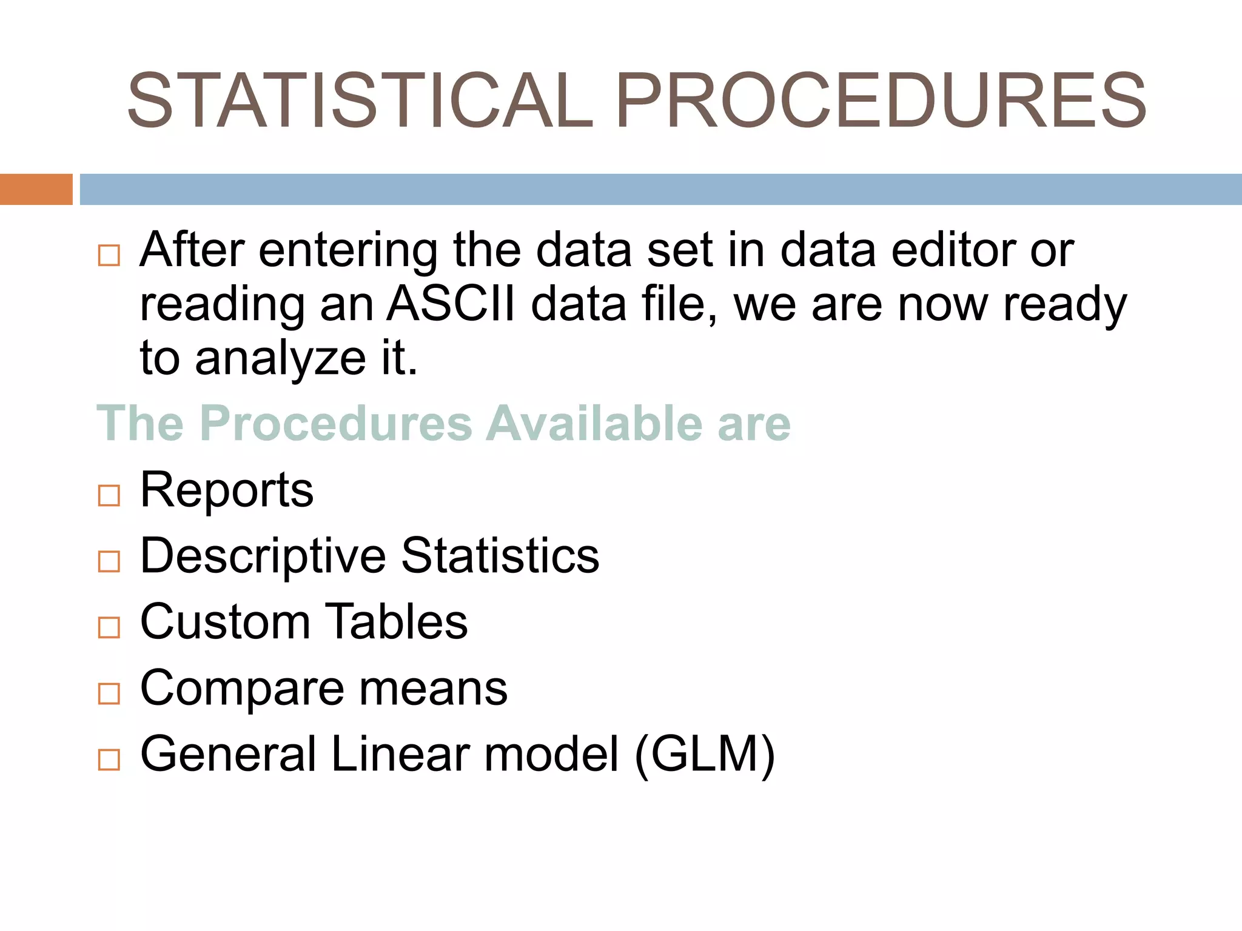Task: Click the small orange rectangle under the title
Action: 36,189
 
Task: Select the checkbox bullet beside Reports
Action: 109,495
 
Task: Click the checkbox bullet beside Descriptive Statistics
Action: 109,561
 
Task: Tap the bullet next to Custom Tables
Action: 109,627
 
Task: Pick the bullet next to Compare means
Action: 109,693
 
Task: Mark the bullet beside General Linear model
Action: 109,759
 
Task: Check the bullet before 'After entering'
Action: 109,255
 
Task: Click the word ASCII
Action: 451,304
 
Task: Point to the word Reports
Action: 227,490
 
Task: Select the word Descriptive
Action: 263,556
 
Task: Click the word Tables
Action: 398,622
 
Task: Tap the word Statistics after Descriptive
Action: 500,556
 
